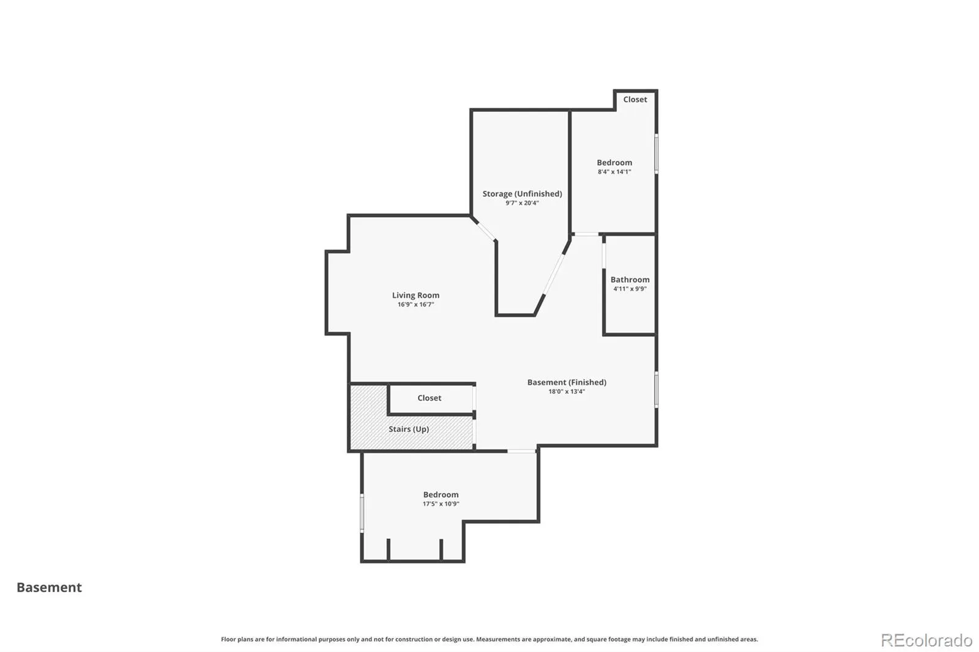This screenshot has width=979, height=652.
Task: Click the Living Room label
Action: [415, 295]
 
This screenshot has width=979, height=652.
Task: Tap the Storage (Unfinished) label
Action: [523, 194]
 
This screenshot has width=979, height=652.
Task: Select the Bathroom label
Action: [630, 280]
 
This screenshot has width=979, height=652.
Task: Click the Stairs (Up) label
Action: [409, 429]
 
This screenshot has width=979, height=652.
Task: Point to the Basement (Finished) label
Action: [567, 382]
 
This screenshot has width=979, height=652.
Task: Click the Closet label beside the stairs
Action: [429, 398]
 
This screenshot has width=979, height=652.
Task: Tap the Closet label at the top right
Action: [635, 100]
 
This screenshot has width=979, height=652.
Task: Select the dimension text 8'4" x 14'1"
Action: [614, 172]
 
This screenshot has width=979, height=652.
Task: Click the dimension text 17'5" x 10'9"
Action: [441, 504]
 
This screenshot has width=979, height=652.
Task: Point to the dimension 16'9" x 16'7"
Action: [415, 305]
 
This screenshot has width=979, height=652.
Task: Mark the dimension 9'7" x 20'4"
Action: [523, 203]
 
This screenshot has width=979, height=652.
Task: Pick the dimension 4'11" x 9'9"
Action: [630, 289]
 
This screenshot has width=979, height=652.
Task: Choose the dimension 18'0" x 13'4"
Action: [567, 391]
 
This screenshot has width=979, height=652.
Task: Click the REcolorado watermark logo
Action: [926, 640]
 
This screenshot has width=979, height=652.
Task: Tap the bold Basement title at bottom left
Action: [49, 587]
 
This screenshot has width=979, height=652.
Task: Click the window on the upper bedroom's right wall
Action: [657, 154]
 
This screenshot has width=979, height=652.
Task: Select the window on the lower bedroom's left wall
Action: [362, 513]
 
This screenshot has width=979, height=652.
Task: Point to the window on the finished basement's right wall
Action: [657, 390]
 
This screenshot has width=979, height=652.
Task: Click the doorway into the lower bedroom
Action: [521, 451]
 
